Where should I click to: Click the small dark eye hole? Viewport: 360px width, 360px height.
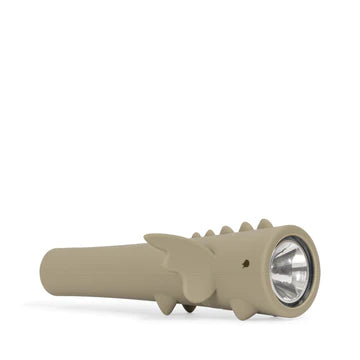click(x=245, y=264)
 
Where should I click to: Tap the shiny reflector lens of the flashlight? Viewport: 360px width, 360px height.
click(x=291, y=270)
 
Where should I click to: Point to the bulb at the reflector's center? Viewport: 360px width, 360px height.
click(x=291, y=271)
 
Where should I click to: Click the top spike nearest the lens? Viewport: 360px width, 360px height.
click(x=264, y=226)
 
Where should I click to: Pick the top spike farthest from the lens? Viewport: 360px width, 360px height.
click(x=196, y=236)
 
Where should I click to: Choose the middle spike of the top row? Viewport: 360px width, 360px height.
click(x=227, y=230)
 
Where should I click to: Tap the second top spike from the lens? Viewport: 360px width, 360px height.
click(x=245, y=228)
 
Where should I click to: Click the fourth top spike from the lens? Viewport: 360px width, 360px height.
click(x=210, y=233)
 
